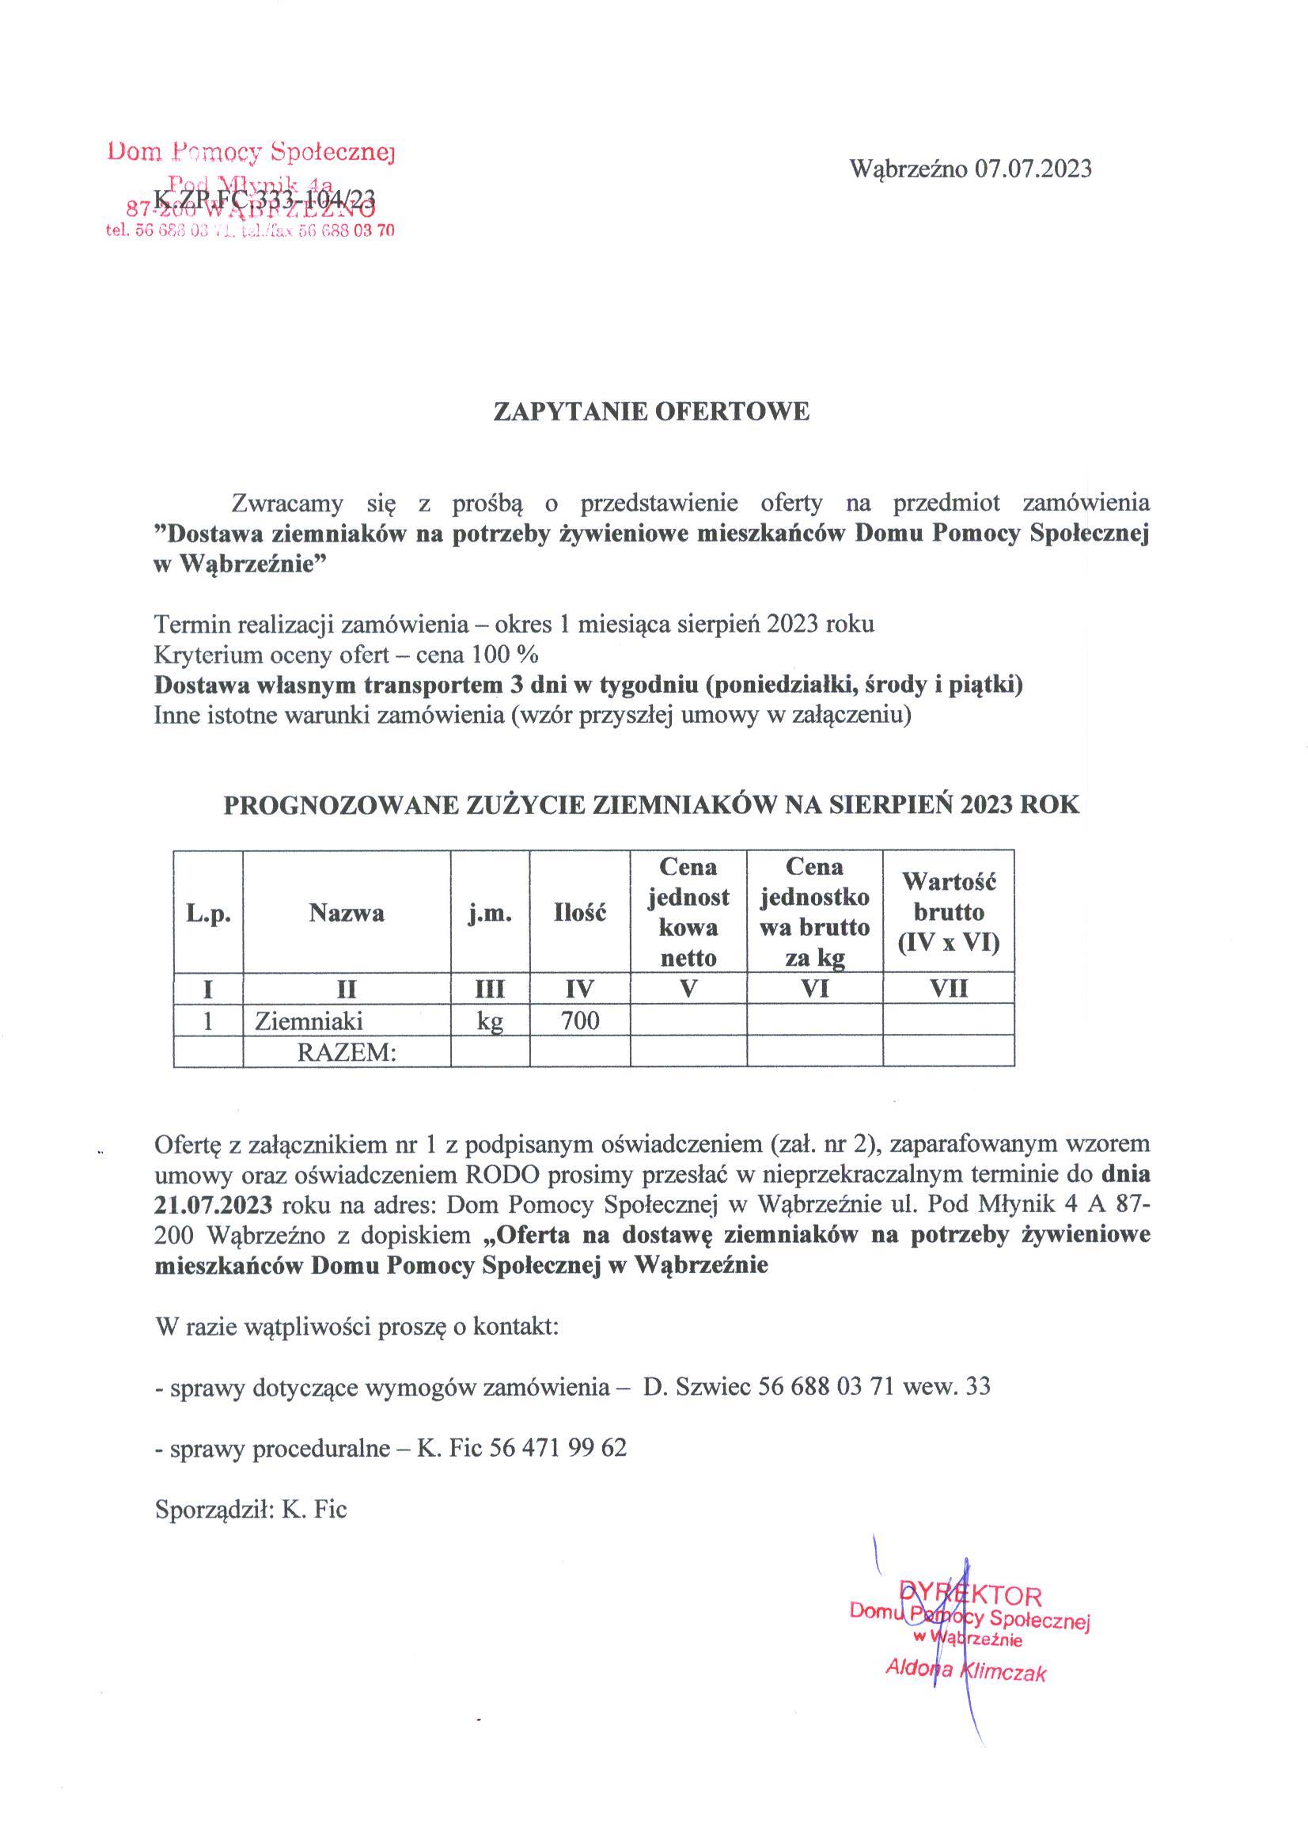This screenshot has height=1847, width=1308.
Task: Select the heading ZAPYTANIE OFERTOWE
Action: [x=651, y=412]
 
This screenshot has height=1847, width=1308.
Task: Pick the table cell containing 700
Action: [x=580, y=1021]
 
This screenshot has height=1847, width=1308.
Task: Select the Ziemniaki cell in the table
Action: [x=309, y=1021]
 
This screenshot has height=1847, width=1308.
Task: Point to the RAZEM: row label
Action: [x=347, y=1052]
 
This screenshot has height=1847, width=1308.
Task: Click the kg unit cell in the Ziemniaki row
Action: [x=490, y=1021]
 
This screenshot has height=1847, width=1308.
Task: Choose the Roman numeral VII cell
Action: [x=949, y=989]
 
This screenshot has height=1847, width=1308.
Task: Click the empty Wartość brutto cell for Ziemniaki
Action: [x=949, y=1021]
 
